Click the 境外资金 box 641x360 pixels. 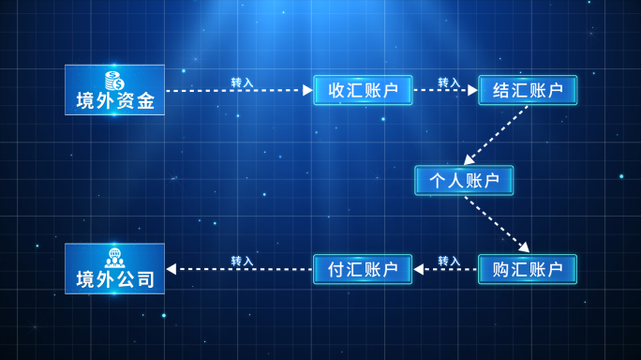[114, 90]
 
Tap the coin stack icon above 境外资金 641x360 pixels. [114, 80]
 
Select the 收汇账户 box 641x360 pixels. [363, 90]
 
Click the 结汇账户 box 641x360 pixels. [528, 90]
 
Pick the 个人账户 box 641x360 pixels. [464, 180]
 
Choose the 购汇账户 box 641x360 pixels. [528, 269]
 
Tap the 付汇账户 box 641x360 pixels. [363, 269]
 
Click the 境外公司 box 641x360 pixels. [114, 269]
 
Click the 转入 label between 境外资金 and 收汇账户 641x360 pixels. [242, 82]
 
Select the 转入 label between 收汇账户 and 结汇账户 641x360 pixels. [449, 82]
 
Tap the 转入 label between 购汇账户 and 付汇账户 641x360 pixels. [449, 261]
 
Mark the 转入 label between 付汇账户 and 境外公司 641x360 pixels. [242, 261]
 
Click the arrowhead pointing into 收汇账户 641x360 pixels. [307, 90]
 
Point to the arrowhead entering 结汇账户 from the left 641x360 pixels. [473, 90]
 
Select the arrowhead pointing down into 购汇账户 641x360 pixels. [524, 247]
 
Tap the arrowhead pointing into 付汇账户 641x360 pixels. [418, 269]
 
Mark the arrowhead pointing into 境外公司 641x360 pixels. [171, 269]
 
